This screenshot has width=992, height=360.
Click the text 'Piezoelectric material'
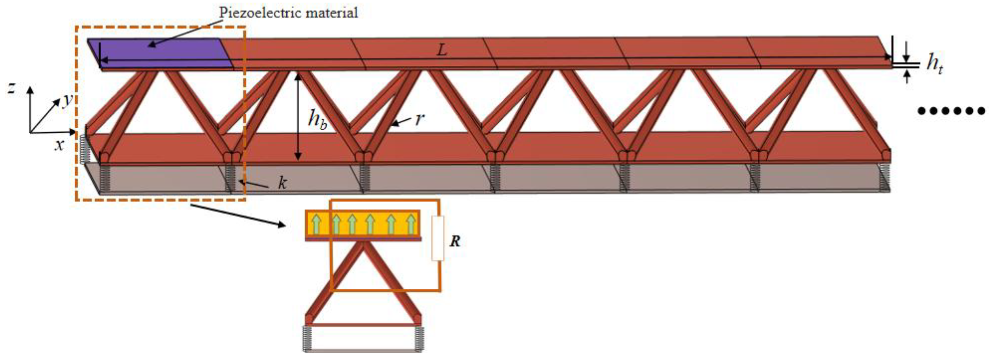pyautogui.click(x=288, y=13)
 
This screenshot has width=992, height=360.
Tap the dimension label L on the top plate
pyautogui.click(x=442, y=50)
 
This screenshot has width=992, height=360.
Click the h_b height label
pyautogui.click(x=317, y=119)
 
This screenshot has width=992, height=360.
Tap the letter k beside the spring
pyautogui.click(x=282, y=183)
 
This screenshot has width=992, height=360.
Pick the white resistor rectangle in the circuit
pyautogui.click(x=437, y=238)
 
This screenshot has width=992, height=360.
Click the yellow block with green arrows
pyautogui.click(x=362, y=223)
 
